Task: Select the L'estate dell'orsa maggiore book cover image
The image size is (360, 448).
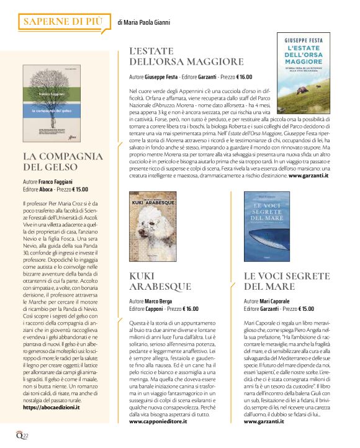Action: point(304,73)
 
